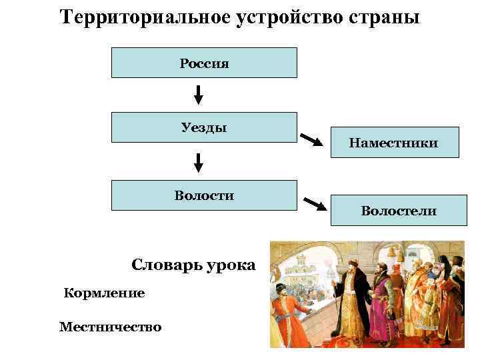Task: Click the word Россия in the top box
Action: click(204, 64)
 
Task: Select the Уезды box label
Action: click(204, 127)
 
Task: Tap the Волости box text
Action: click(204, 195)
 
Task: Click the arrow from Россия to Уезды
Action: click(198, 94)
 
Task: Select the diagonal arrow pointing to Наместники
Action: click(312, 140)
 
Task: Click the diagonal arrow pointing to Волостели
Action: click(315, 203)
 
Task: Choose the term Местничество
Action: click(110, 327)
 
